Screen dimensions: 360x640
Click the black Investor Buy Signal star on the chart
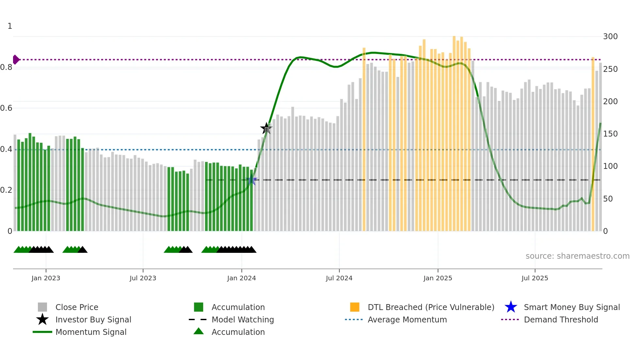pyautogui.click(x=266, y=128)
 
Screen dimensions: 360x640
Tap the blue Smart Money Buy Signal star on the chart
pyautogui.click(x=251, y=180)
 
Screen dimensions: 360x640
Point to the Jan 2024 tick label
pyautogui.click(x=241, y=278)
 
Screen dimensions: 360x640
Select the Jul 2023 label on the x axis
pyautogui.click(x=143, y=278)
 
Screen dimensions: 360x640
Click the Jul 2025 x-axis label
pyautogui.click(x=535, y=278)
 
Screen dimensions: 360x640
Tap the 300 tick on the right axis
pyautogui.click(x=610, y=36)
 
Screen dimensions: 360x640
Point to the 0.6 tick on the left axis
pyautogui.click(x=6, y=108)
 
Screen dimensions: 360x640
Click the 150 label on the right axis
pyautogui.click(x=610, y=134)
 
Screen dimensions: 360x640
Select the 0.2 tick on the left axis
pyautogui.click(x=6, y=190)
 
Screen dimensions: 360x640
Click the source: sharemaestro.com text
pyautogui.click(x=577, y=256)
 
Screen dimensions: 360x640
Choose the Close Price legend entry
pyautogui.click(x=76, y=307)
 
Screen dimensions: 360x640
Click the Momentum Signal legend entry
pyautogui.click(x=91, y=332)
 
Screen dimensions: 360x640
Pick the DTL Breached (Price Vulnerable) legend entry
pyautogui.click(x=431, y=307)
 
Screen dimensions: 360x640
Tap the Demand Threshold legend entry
pyautogui.click(x=561, y=319)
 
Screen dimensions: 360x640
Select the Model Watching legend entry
pyautogui.click(x=243, y=319)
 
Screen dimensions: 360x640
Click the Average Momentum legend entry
pyautogui.click(x=407, y=319)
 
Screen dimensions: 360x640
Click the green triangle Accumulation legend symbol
pyautogui.click(x=199, y=331)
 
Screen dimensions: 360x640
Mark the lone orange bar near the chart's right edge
pyautogui.click(x=593, y=144)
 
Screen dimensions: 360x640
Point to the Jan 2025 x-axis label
pyautogui.click(x=438, y=278)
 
